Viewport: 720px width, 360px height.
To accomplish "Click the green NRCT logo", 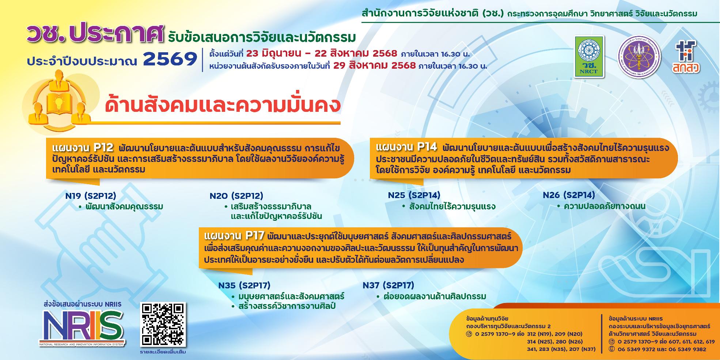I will pyautogui.click(x=589, y=56).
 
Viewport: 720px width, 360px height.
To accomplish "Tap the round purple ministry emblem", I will pyautogui.click(x=639, y=56).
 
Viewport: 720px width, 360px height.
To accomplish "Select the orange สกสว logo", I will pyautogui.click(x=686, y=57).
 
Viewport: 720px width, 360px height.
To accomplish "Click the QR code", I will pyautogui.click(x=163, y=325).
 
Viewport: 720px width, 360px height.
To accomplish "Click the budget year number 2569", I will pyautogui.click(x=170, y=59).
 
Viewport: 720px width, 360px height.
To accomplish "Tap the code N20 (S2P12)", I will pyautogui.click(x=236, y=196).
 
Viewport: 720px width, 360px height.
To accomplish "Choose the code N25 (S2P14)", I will pyautogui.click(x=414, y=195).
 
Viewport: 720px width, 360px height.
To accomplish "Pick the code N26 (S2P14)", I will pyautogui.click(x=569, y=195).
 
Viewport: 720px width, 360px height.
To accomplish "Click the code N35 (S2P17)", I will pyautogui.click(x=244, y=285).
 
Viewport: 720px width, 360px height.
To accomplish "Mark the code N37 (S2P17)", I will pyautogui.click(x=388, y=285).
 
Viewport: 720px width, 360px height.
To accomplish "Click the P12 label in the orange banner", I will pyautogui.click(x=103, y=148).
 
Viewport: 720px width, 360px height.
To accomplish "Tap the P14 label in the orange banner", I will pyautogui.click(x=427, y=147).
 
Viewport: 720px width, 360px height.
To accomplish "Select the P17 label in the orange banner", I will pyautogui.click(x=255, y=236).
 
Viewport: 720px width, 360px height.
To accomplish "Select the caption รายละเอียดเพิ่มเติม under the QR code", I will pyautogui.click(x=163, y=352).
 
